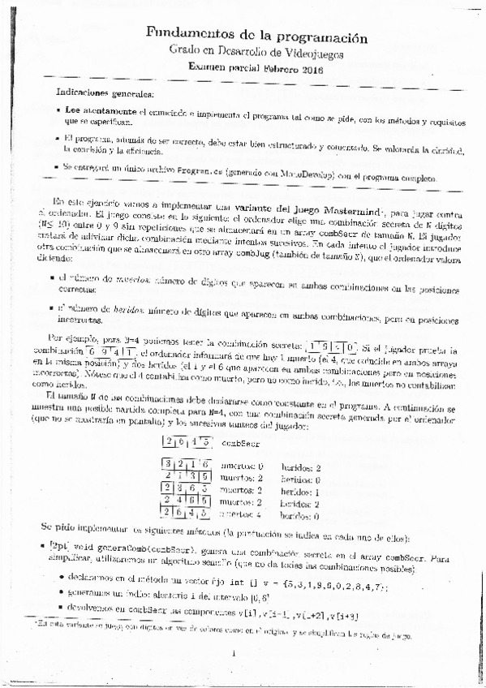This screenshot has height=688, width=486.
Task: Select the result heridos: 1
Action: click(x=299, y=490)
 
